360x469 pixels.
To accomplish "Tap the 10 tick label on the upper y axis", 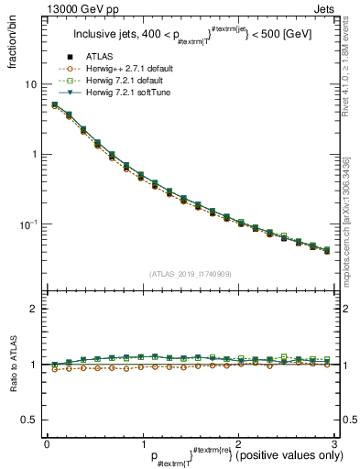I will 30,84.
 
